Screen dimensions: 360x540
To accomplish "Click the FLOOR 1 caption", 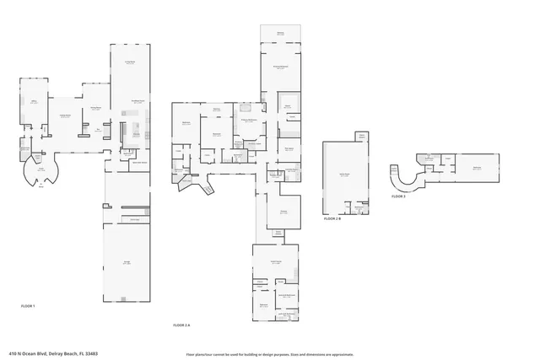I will [28, 305].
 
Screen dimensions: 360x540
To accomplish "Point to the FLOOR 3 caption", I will [398, 196].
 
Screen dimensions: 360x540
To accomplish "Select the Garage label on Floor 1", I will [127, 262].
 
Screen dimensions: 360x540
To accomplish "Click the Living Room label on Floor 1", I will [64, 116].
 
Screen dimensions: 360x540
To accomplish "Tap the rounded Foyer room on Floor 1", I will [40, 168].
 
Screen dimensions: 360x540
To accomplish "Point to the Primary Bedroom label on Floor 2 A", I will [278, 67].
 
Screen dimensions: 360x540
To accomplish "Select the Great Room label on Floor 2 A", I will [276, 262].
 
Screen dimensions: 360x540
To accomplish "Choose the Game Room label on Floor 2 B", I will [344, 175].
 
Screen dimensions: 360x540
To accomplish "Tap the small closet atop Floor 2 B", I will [362, 137].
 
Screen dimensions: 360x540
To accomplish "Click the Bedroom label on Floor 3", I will [477, 167].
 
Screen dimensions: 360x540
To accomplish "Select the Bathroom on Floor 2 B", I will [359, 207].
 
